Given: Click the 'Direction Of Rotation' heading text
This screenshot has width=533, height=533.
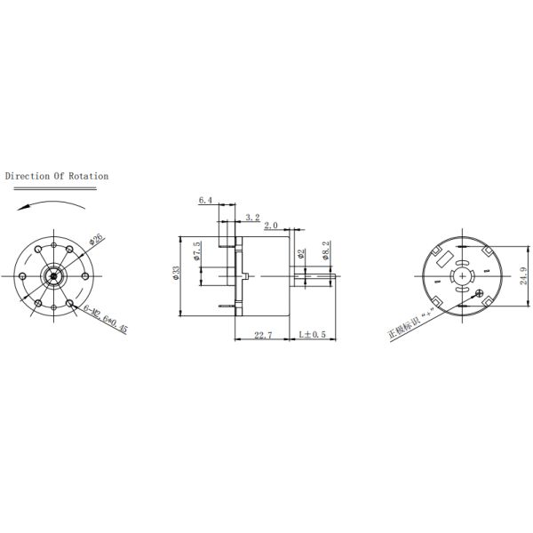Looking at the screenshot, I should click(57, 176).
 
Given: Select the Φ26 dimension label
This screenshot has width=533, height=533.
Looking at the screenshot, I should click(97, 238).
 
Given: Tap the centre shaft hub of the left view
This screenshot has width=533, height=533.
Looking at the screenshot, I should click(55, 275).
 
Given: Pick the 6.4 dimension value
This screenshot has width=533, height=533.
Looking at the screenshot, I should click(206, 201).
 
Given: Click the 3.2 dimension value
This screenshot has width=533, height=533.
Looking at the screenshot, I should click(251, 217).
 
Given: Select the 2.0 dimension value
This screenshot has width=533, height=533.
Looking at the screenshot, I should click(272, 226).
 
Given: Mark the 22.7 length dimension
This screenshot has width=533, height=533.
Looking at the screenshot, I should click(263, 334).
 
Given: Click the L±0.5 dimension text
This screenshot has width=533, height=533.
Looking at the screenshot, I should click(313, 334).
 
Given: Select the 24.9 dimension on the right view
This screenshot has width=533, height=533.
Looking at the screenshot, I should click(521, 278).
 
